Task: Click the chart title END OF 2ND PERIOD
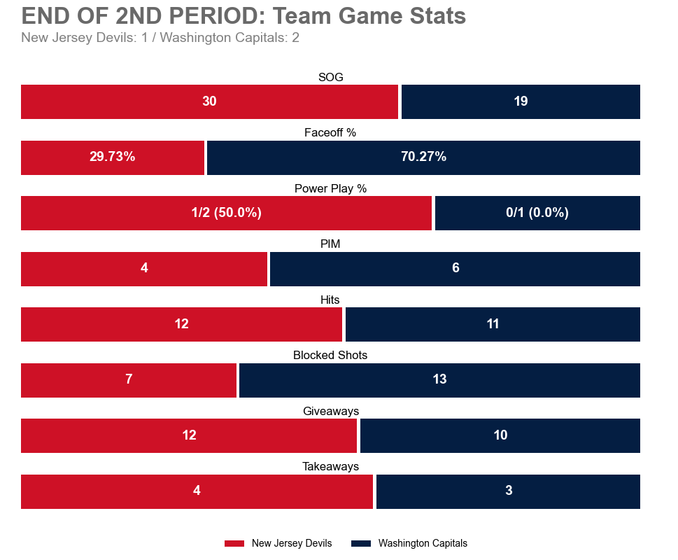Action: pyautogui.click(x=243, y=15)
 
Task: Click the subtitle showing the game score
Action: pyautogui.click(x=160, y=38)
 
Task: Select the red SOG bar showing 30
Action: pyautogui.click(x=209, y=101)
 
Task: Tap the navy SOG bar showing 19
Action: pyautogui.click(x=521, y=101)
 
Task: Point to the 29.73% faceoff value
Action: pyautogui.click(x=113, y=157)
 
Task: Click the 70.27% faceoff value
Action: pyautogui.click(x=423, y=157)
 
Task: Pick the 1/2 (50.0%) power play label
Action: pyautogui.click(x=226, y=213)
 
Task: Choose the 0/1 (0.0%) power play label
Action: pyautogui.click(x=537, y=213)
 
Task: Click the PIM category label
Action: pyautogui.click(x=330, y=244)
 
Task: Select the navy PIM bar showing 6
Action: pyautogui.click(x=455, y=268)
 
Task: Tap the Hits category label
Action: pyautogui.click(x=330, y=300)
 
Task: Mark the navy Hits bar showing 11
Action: pyautogui.click(x=493, y=324)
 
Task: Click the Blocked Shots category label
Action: pyautogui.click(x=330, y=356)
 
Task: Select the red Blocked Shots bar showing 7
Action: pyautogui.click(x=129, y=379)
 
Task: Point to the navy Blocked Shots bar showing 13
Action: pyautogui.click(x=439, y=379)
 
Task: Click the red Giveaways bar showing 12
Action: pyautogui.click(x=189, y=435)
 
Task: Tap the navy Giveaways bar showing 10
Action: pyautogui.click(x=500, y=435)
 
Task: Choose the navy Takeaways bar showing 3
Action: pyautogui.click(x=509, y=491)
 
